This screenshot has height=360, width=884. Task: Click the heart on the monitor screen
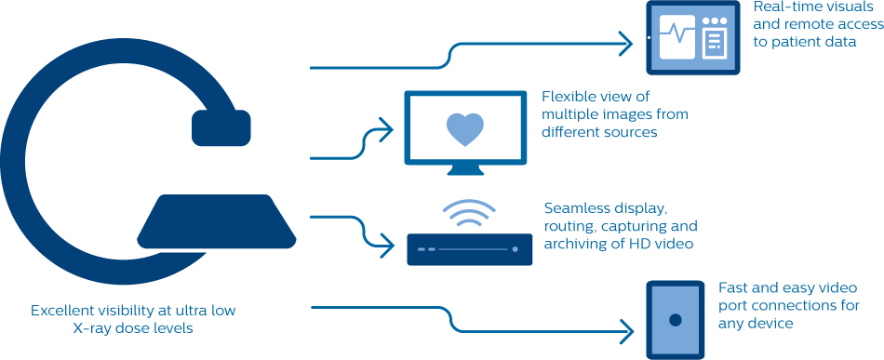point(465,129)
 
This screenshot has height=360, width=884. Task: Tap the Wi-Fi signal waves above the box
point(468,213)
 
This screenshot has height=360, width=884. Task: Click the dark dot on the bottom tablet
point(675,320)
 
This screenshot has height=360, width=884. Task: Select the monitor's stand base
point(465,169)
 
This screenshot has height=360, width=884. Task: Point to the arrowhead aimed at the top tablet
point(625,44)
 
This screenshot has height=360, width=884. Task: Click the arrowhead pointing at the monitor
point(386,130)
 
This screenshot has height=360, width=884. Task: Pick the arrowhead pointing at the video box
point(386,246)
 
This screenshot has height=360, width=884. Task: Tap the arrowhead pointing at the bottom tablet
point(626,331)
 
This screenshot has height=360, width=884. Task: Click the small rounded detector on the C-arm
point(221,127)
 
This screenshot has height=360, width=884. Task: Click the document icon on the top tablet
point(715,45)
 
